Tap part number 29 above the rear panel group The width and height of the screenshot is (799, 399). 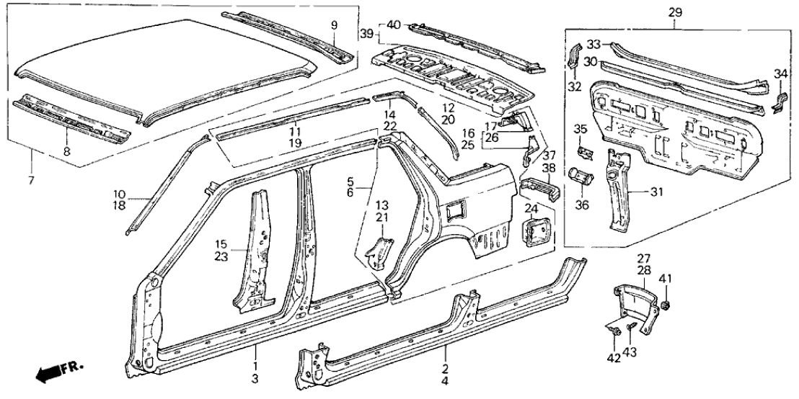pos(675,12)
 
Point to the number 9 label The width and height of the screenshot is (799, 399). pos(334,26)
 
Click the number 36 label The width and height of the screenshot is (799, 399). pos(581,205)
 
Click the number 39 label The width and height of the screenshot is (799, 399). pos(366,35)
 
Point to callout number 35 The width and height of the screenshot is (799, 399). pos(581,130)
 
